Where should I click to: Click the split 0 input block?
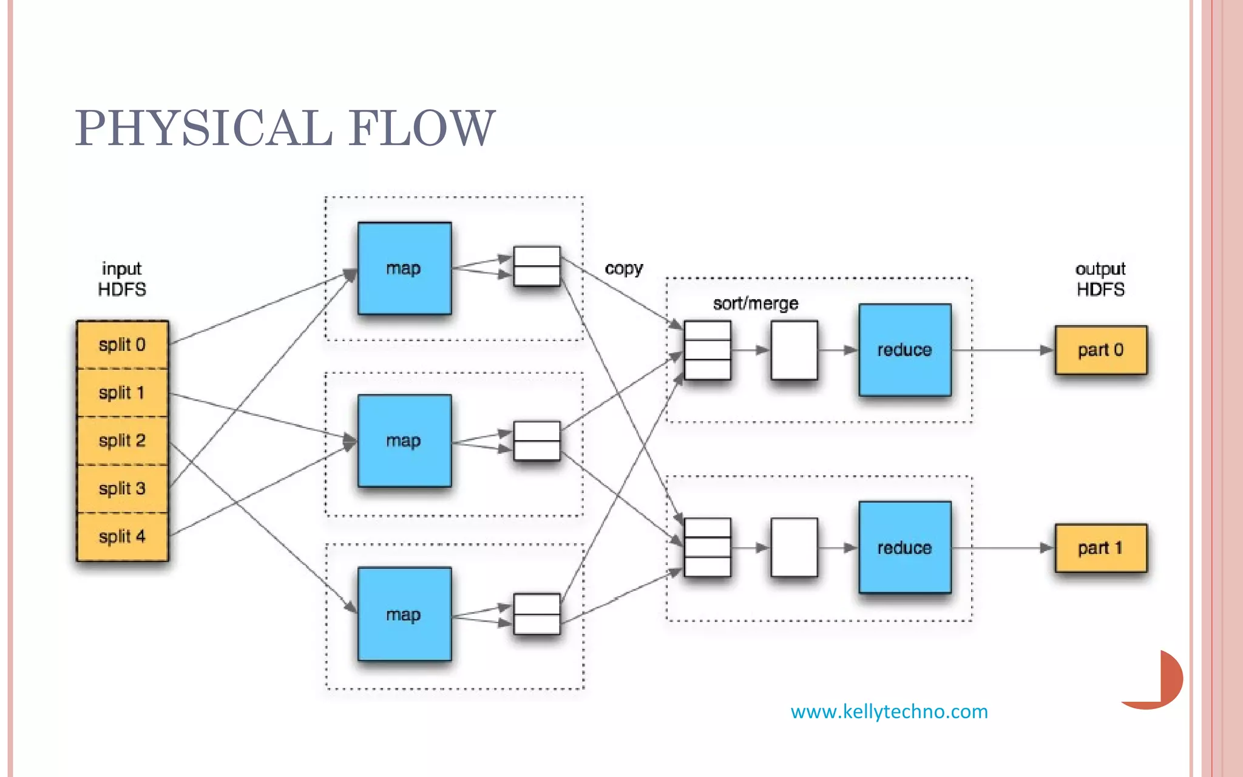click(122, 345)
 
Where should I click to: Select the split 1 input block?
click(122, 393)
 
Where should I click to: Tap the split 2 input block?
click(122, 441)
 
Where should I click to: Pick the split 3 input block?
click(122, 489)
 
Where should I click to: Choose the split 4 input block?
click(122, 537)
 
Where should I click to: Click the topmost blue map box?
click(404, 268)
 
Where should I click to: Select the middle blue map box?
click(404, 441)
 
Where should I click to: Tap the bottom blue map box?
click(404, 614)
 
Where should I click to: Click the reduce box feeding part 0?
click(904, 350)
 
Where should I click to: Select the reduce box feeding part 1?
click(904, 548)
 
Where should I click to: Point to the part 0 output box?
click(1100, 350)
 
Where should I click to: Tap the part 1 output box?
click(1100, 548)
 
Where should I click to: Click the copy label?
click(623, 268)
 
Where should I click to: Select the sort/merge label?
click(755, 304)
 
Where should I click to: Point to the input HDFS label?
click(122, 279)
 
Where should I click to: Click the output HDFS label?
click(1100, 279)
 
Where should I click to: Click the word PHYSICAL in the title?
click(203, 128)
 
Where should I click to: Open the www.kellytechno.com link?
click(889, 711)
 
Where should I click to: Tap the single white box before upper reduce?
click(794, 350)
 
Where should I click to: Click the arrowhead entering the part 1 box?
click(1046, 548)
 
